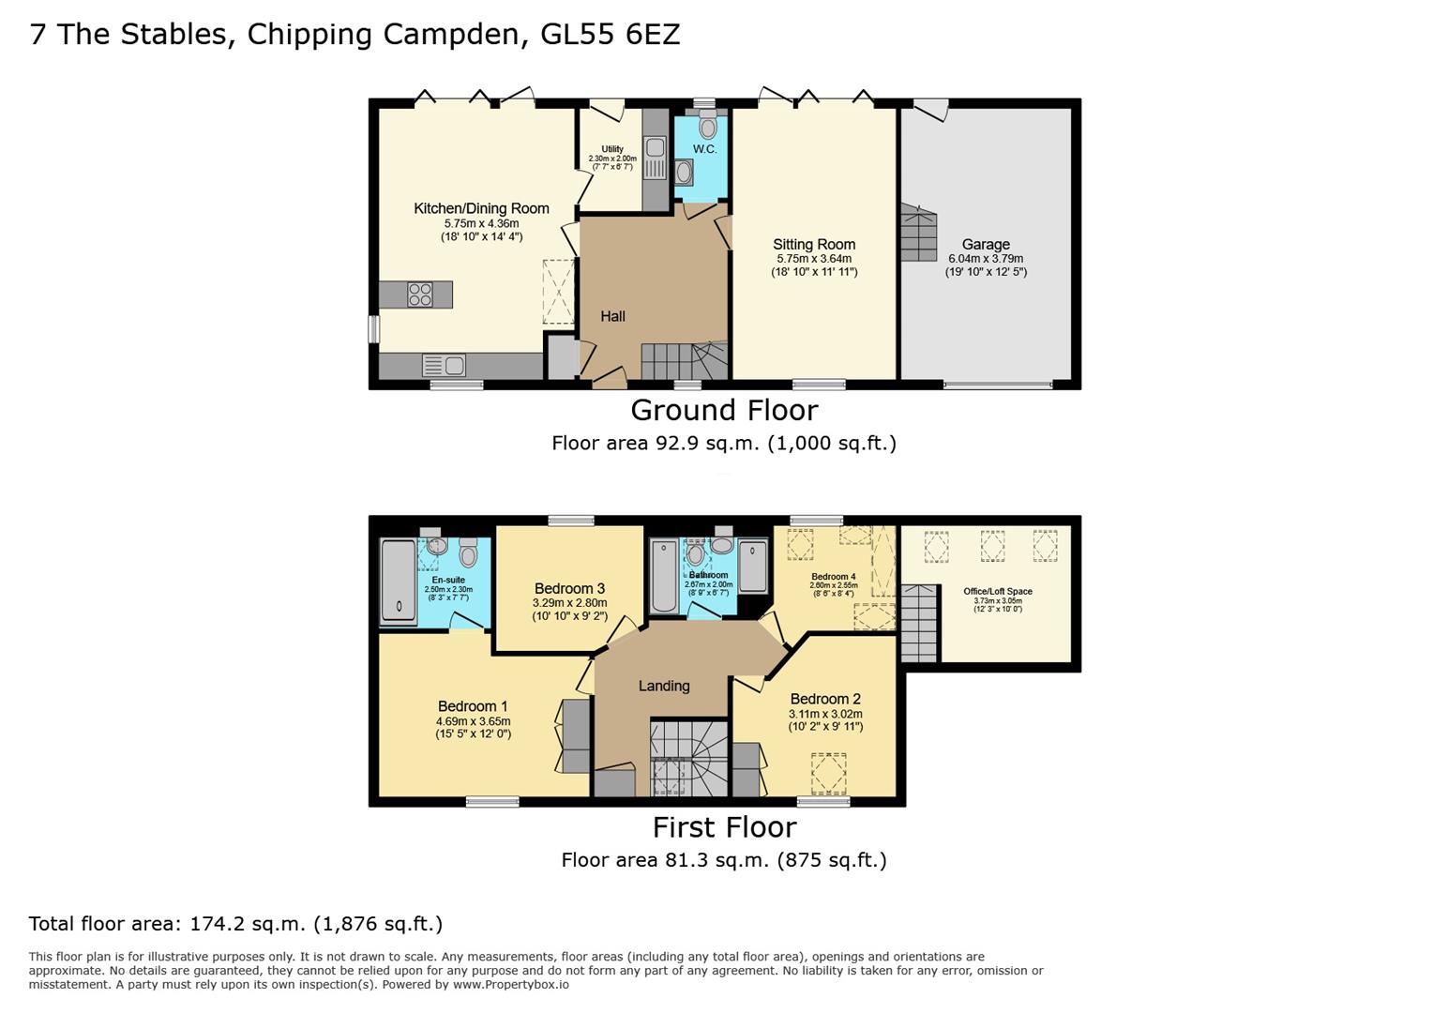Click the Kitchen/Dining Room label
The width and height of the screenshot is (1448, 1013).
[481, 208]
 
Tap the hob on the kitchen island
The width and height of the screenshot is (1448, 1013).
[420, 295]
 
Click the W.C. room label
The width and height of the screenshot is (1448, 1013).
[704, 149]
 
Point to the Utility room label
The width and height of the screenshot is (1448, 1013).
[612, 149]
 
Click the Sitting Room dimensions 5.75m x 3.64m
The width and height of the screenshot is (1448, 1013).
[813, 259]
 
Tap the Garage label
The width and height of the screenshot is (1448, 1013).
[985, 244]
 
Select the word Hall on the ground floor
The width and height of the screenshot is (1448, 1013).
[612, 316]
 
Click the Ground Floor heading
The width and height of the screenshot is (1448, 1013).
[724, 410]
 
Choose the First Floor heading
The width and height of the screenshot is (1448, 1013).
[724, 827]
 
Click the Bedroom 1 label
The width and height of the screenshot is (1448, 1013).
[473, 706]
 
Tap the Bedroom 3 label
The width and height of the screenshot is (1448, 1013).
[569, 588]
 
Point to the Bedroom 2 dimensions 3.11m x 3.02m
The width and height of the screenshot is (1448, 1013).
[824, 714]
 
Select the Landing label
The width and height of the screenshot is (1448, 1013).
[664, 686]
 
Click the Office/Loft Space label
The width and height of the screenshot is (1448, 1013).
[998, 591]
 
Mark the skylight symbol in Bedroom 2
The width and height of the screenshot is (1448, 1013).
[827, 774]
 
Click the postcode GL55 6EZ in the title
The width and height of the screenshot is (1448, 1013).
[611, 35]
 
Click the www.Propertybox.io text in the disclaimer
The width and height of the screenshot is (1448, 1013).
[511, 985]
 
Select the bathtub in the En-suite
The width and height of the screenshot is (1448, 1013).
[398, 582]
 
